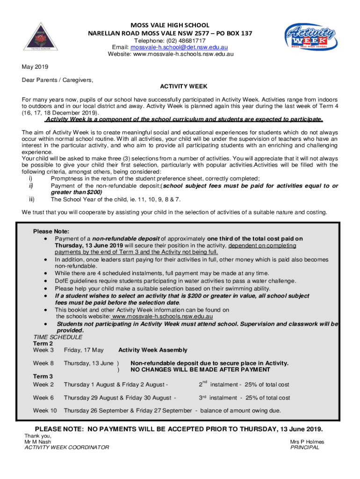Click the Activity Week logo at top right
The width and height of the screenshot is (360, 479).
(x=310, y=36)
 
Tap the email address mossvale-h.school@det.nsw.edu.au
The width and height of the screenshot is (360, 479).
(x=179, y=47)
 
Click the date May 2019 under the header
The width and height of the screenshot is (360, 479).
(x=35, y=66)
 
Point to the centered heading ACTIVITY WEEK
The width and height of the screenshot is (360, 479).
(x=184, y=87)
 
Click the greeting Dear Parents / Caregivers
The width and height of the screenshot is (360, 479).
(x=58, y=80)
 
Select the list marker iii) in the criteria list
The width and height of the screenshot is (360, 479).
(x=32, y=199)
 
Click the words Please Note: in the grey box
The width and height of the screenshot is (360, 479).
(x=51, y=232)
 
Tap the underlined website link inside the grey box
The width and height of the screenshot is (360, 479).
(x=162, y=316)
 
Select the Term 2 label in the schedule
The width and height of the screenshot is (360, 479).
(x=43, y=343)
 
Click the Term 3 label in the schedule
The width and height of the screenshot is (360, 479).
(x=43, y=376)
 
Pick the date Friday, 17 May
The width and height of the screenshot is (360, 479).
(x=84, y=350)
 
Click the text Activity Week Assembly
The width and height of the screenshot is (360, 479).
(x=153, y=350)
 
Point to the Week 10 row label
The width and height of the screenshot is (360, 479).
(x=45, y=411)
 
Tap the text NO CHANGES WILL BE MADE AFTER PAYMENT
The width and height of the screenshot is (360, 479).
(x=200, y=370)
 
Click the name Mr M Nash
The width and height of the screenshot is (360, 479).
(x=39, y=442)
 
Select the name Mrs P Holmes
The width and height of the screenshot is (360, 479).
(x=307, y=442)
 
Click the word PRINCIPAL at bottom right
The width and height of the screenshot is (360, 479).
(x=304, y=447)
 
